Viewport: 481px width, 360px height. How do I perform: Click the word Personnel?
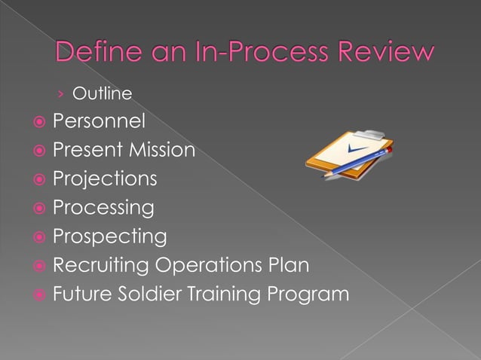[98, 121]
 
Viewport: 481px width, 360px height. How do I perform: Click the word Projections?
[105, 178]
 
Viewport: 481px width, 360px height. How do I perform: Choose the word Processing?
[103, 207]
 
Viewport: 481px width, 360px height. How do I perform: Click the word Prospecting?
[109, 236]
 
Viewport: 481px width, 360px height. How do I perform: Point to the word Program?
[311, 294]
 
